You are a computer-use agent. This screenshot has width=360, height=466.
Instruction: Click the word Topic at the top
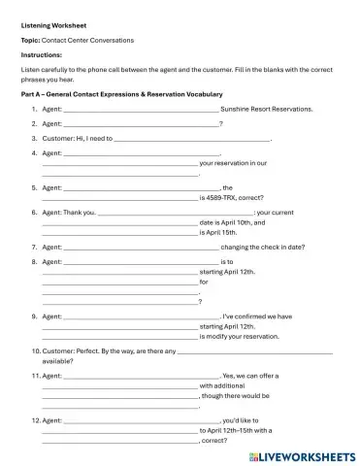[x=31, y=40]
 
